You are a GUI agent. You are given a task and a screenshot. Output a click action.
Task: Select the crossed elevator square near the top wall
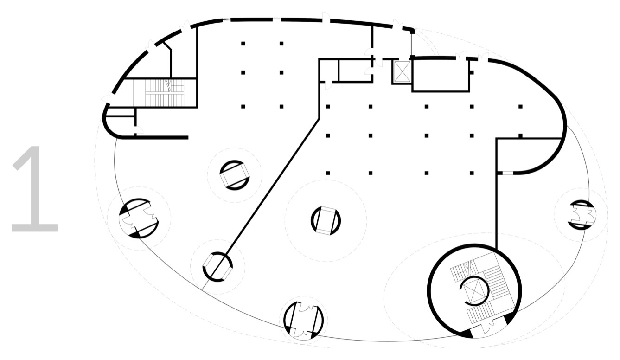pyautogui.click(x=402, y=71)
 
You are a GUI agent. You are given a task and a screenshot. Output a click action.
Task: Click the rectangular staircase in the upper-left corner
pyautogui.click(x=165, y=93)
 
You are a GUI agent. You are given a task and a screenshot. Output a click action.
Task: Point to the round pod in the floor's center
pyautogui.click(x=326, y=221)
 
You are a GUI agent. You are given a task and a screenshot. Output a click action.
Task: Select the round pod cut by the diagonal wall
pyautogui.click(x=217, y=267)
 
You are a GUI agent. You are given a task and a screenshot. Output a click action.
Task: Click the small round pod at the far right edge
pyautogui.click(x=582, y=215)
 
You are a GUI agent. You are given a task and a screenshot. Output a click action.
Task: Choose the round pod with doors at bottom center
pyautogui.click(x=304, y=320)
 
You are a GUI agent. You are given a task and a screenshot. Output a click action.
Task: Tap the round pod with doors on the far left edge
pyautogui.click(x=139, y=218)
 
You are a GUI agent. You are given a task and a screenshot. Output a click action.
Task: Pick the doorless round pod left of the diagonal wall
pyautogui.click(x=235, y=175)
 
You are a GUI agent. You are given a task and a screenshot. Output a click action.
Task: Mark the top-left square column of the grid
pyautogui.click(x=243, y=44)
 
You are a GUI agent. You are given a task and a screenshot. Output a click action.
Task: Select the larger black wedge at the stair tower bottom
pyautogui.click(x=466, y=334)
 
